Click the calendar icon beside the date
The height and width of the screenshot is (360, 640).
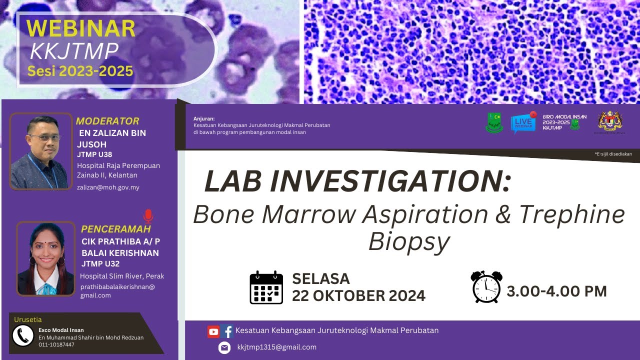(266, 287)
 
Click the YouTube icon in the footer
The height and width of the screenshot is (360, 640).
(213, 331)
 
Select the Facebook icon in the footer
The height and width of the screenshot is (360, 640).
(227, 331)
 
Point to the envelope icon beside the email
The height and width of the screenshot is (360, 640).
(224, 347)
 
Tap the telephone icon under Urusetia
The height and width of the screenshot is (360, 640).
(22, 336)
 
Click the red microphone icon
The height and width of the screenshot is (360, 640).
(148, 216)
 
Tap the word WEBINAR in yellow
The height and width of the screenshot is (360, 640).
(80, 28)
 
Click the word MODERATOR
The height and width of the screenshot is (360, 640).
(107, 121)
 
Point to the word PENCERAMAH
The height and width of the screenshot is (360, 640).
(116, 229)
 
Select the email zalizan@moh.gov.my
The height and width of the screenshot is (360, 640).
(108, 187)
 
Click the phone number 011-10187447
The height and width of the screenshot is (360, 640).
(56, 344)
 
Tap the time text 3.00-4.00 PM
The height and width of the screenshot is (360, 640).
(556, 291)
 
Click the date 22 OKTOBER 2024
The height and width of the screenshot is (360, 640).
(358, 295)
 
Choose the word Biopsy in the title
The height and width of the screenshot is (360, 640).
(409, 242)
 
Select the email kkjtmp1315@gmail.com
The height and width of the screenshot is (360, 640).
(276, 347)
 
